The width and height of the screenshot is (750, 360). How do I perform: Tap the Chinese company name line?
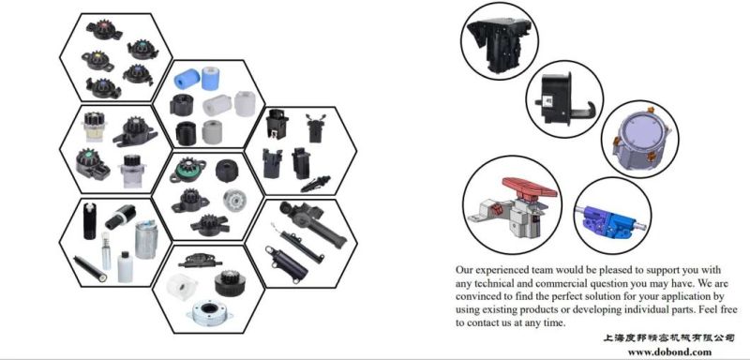click(x=668, y=338)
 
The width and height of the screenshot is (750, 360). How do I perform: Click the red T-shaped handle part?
click(x=530, y=188)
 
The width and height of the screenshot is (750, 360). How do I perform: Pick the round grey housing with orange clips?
click(x=639, y=139)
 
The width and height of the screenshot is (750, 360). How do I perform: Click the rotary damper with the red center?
click(x=104, y=30)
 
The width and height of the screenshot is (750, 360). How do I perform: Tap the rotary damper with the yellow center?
click(x=97, y=59)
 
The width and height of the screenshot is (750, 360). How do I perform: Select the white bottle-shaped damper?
click(x=125, y=267)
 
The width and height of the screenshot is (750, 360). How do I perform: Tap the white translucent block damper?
click(x=181, y=285)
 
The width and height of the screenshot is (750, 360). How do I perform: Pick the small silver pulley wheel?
click(x=233, y=200)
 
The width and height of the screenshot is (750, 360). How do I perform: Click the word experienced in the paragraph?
click(x=508, y=270)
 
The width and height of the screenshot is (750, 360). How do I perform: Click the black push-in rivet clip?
click(x=316, y=183)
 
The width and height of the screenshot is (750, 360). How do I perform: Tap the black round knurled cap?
click(x=227, y=171)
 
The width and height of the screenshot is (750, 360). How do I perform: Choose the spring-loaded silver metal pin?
click(x=106, y=250)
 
